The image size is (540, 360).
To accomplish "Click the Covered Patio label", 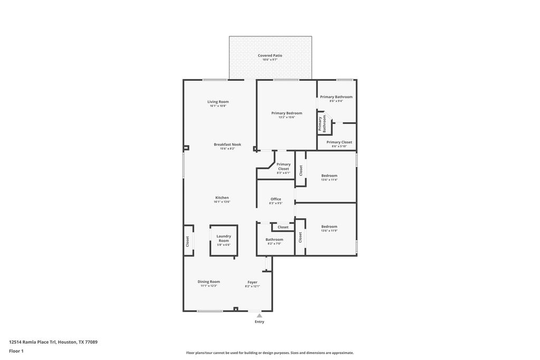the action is [x=270, y=55].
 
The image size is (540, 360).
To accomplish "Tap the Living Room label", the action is [x=218, y=102].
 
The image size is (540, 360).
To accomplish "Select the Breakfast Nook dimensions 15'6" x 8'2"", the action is [x=227, y=149].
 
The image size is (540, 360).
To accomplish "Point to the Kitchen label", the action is [x=222, y=198].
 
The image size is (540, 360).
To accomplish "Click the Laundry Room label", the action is [x=224, y=238].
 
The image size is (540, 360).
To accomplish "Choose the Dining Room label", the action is [x=209, y=281].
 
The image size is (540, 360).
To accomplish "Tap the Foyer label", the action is [x=253, y=282].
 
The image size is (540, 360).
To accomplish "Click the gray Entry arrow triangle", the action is [x=259, y=315].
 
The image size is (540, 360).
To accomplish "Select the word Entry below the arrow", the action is [x=259, y=322].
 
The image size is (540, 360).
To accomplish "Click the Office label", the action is [x=276, y=199].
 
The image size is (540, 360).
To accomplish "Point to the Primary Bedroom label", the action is [x=287, y=113].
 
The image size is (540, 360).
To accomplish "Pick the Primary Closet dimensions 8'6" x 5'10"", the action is [x=339, y=147].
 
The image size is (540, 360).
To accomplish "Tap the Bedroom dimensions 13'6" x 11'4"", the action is [x=329, y=180].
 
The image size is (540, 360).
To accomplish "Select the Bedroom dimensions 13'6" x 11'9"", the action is [x=329, y=230].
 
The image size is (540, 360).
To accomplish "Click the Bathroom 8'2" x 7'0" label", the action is [x=274, y=241].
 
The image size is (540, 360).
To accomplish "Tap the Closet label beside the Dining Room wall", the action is [x=188, y=241].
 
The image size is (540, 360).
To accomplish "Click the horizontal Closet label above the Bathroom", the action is [x=283, y=227].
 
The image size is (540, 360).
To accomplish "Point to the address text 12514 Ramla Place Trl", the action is [x=32, y=342].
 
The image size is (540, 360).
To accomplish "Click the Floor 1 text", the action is [x=16, y=351].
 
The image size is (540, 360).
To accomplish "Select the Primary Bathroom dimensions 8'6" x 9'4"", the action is [x=336, y=101].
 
